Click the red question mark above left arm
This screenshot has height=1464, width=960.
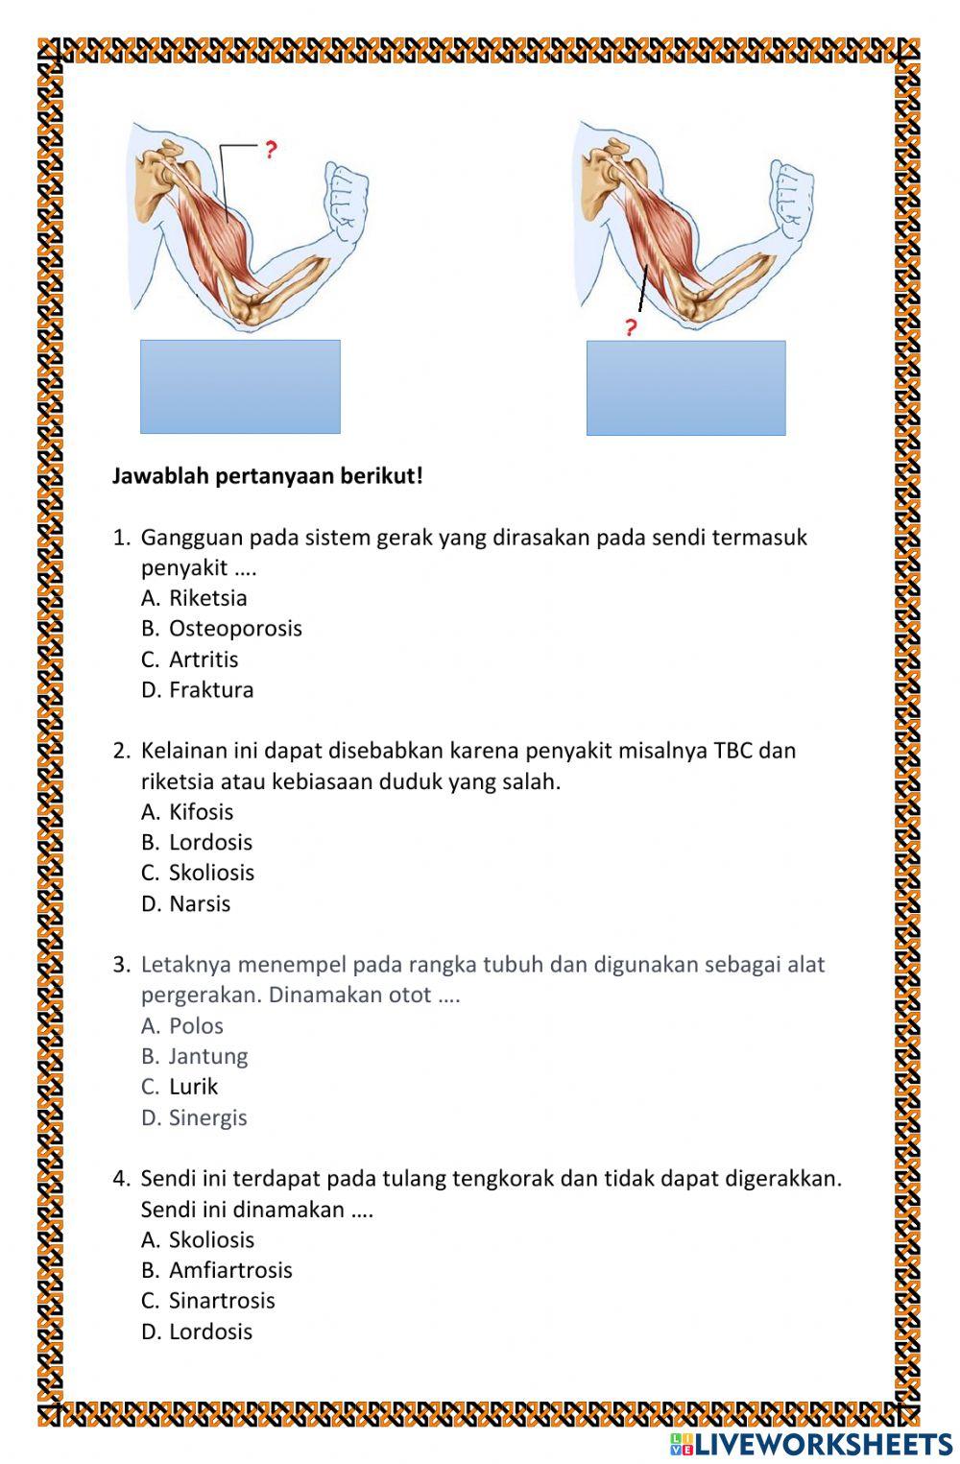pyautogui.click(x=271, y=150)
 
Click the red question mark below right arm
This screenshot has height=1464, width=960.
pyautogui.click(x=631, y=328)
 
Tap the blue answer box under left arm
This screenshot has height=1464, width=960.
pyautogui.click(x=240, y=387)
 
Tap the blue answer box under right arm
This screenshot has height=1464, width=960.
pyautogui.click(x=685, y=388)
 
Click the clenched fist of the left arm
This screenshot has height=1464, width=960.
pyautogui.click(x=346, y=198)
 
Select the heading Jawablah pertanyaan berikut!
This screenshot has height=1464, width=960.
pyautogui.click(x=267, y=476)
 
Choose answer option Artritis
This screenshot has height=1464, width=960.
pyautogui.click(x=203, y=660)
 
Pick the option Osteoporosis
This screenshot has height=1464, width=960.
pyautogui.click(x=234, y=629)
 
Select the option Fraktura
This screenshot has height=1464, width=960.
pyautogui.click(x=210, y=690)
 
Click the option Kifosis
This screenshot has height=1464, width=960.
pyautogui.click(x=201, y=812)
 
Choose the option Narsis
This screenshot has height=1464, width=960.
pyautogui.click(x=199, y=904)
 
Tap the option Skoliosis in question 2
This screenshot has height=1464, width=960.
pyautogui.click(x=211, y=874)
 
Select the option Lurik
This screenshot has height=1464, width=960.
pyautogui.click(x=193, y=1087)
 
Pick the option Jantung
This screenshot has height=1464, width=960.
pyautogui.click(x=207, y=1057)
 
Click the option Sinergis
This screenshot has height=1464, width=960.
pyautogui.click(x=207, y=1118)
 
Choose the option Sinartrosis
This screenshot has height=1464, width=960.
pyautogui.click(x=221, y=1301)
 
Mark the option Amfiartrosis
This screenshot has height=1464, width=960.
pyautogui.click(x=229, y=1270)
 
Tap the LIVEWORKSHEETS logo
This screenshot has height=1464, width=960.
pyautogui.click(x=811, y=1444)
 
